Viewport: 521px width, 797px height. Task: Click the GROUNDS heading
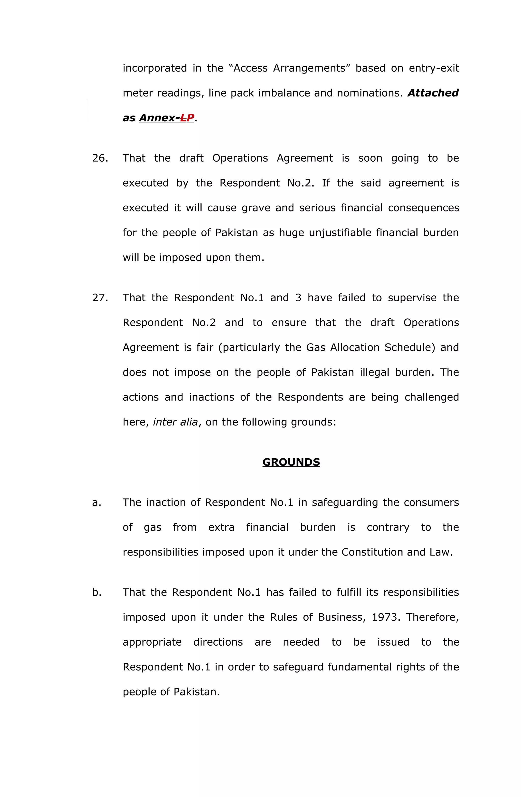click(x=291, y=462)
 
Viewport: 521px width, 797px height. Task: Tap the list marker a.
click(x=96, y=502)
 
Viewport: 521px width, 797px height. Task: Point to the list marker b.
click(x=96, y=592)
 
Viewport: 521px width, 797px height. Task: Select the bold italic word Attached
click(x=433, y=93)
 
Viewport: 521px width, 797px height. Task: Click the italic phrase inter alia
click(x=175, y=422)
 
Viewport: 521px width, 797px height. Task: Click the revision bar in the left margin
click(x=86, y=111)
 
